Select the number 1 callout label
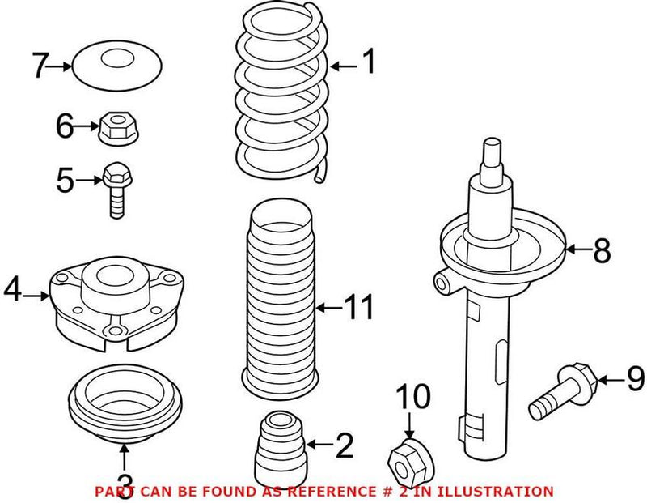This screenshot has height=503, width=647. point(368,62)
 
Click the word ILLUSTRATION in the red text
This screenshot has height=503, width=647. point(501,491)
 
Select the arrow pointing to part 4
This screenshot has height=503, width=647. point(37,297)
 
